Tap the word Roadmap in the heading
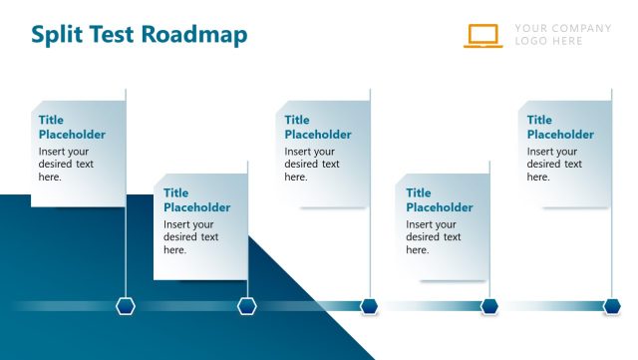[194, 35]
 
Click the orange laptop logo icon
[482, 35]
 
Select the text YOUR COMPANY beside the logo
[563, 28]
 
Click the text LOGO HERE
[549, 42]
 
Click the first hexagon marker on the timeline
[126, 306]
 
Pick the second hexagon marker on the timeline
[247, 306]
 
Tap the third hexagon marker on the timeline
[370, 306]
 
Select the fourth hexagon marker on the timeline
[489, 306]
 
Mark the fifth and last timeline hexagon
[612, 306]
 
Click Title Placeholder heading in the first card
[72, 128]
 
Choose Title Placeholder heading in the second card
[196, 200]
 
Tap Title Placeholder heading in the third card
[317, 128]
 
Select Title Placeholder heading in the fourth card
[439, 200]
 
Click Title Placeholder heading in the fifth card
[560, 128]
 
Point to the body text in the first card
[66, 165]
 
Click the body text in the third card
[311, 165]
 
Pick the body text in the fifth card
[554, 165]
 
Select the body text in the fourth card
[433, 237]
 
